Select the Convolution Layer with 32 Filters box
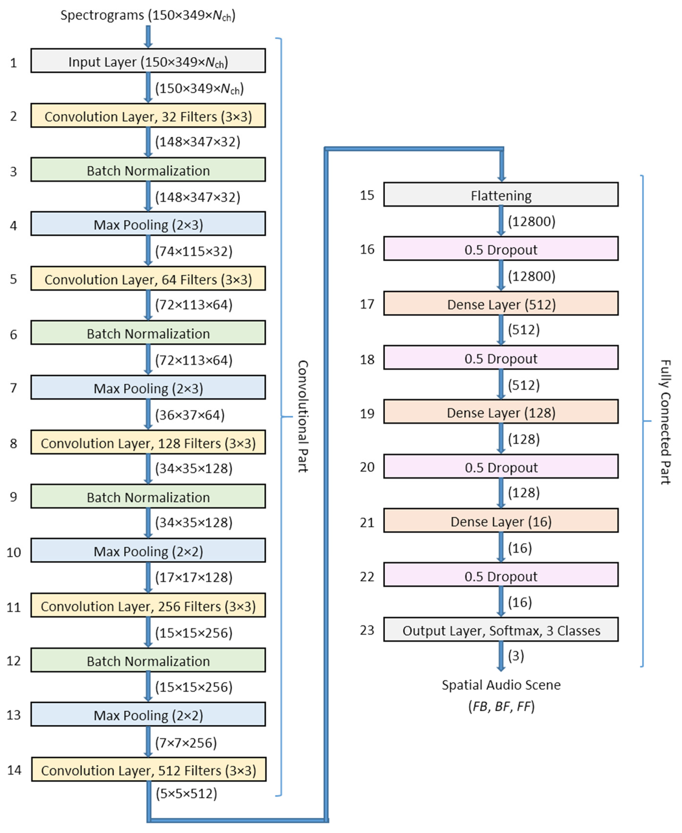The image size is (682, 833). [x=148, y=116]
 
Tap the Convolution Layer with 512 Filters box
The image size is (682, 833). [x=149, y=769]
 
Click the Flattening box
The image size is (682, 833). [x=501, y=195]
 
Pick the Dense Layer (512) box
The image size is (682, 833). [x=501, y=304]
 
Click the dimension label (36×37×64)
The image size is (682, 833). [x=190, y=415]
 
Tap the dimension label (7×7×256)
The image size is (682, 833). [x=186, y=742]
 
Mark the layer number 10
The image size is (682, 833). [x=14, y=552]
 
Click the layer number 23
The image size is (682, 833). [x=367, y=630]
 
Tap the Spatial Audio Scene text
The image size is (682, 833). [x=501, y=685]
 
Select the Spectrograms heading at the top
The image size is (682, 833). [x=148, y=15]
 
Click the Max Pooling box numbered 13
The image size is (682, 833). [x=148, y=715]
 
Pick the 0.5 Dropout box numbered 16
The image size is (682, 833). [x=501, y=249]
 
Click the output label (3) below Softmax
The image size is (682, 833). [x=516, y=655]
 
